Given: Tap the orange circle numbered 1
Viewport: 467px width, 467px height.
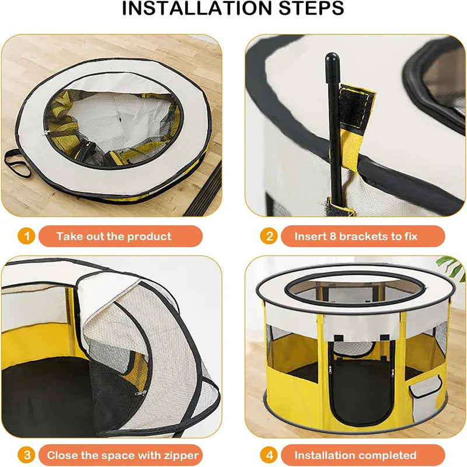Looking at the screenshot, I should tap(26, 236).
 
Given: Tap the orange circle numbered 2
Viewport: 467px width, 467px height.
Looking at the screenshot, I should tap(269, 236).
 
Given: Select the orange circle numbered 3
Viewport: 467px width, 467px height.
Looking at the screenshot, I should tap(26, 455).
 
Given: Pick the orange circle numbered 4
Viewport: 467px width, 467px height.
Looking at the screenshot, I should tap(269, 455).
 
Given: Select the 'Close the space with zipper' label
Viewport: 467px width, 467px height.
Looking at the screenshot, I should tap(123, 455).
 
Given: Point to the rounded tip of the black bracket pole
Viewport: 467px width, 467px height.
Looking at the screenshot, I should tap(332, 59).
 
